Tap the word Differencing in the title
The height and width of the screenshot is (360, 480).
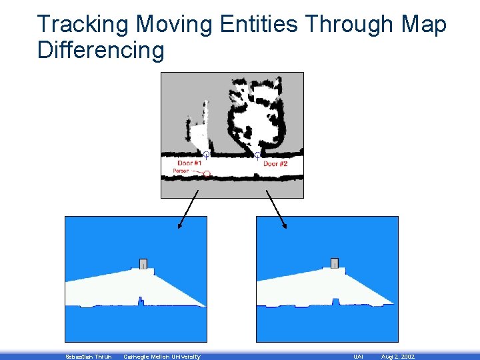point(101,50)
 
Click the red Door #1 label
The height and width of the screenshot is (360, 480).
point(190,163)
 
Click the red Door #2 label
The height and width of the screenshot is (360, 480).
point(275,164)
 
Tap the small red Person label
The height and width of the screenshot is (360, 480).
point(181,171)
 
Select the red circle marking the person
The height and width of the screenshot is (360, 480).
point(207,174)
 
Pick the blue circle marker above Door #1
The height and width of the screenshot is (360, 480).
point(206,155)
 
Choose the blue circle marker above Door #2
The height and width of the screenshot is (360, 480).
point(257,155)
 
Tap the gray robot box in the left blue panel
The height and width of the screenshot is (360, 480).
point(143,263)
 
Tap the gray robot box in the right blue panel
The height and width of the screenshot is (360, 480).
point(334,263)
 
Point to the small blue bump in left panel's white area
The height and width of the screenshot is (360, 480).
point(140,301)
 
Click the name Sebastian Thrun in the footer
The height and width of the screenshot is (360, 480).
point(89,357)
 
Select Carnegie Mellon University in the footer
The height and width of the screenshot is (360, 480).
point(162,357)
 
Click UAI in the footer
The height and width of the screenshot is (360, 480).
point(358,357)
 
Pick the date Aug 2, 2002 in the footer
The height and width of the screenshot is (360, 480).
point(397,357)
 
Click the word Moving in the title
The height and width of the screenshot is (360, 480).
point(174,25)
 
